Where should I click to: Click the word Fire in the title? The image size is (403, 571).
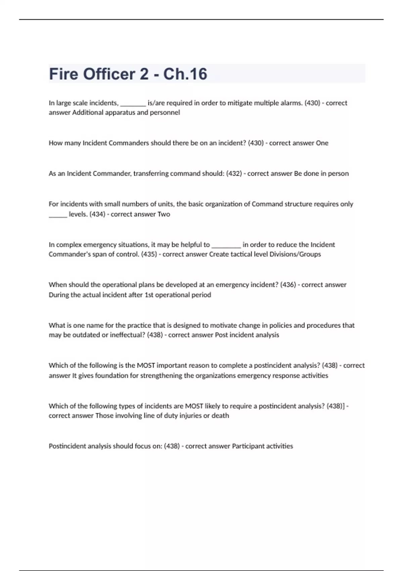pyautogui.click(x=63, y=74)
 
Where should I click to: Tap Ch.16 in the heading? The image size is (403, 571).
pyautogui.click(x=185, y=74)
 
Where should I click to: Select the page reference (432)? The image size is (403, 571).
pyautogui.click(x=234, y=173)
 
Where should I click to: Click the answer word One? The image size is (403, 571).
pyautogui.click(x=322, y=143)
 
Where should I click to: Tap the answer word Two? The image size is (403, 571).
pyautogui.click(x=164, y=214)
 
